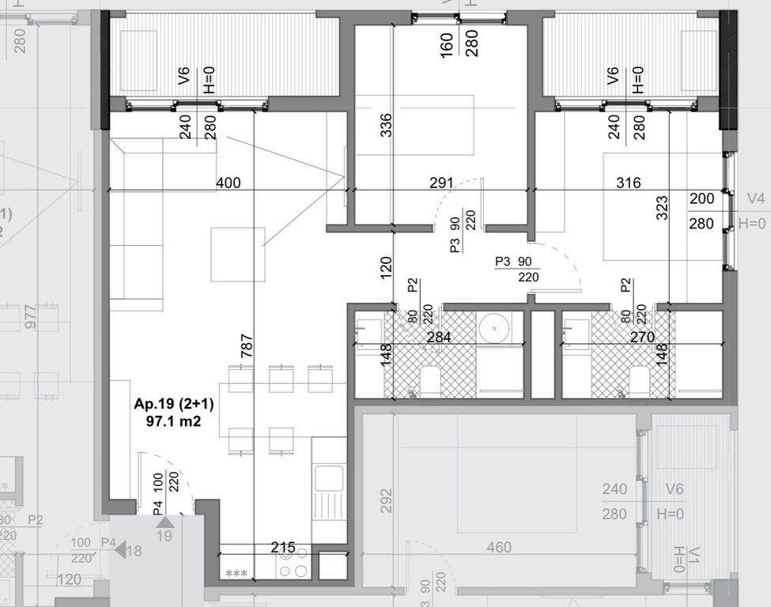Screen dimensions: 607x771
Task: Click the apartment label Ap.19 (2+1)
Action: [174, 405]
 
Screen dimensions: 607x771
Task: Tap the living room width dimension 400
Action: [228, 183]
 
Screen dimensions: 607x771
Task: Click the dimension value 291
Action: [440, 183]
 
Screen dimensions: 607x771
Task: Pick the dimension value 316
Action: [628, 183]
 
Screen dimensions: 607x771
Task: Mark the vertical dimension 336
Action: [385, 125]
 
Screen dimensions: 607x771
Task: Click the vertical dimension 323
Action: [662, 207]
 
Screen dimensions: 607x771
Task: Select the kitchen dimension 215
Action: [282, 547]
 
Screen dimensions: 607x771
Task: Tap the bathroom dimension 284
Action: [438, 337]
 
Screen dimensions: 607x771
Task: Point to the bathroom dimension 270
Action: [641, 337]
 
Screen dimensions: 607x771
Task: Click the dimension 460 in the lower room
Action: [498, 547]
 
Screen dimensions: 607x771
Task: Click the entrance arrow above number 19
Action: [164, 522]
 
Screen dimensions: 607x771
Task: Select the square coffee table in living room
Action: [237, 254]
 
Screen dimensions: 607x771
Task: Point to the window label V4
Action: [755, 198]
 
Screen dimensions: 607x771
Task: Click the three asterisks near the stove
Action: [235, 573]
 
